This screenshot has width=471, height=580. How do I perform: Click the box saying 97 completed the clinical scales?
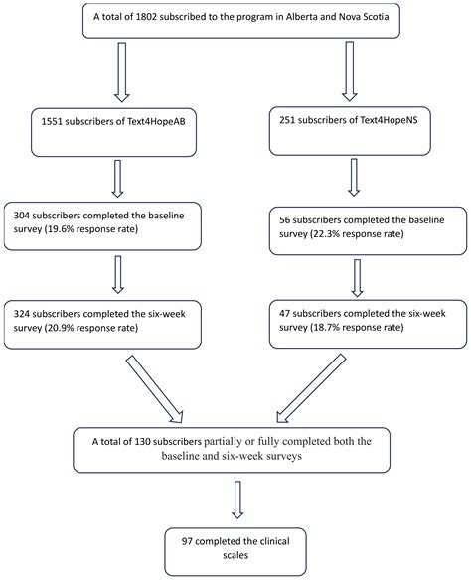point(235,544)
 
